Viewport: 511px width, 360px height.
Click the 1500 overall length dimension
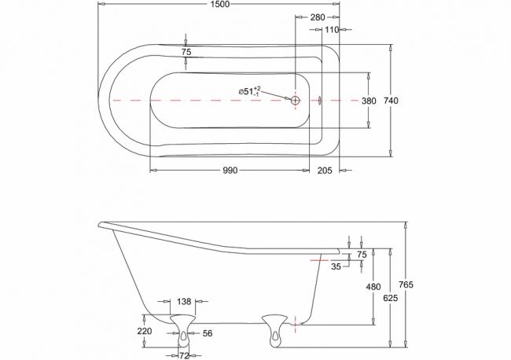(x=220, y=4)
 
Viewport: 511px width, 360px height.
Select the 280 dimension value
(x=318, y=17)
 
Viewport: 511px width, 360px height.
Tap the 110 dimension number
(x=332, y=30)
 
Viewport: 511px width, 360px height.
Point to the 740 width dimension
(x=391, y=101)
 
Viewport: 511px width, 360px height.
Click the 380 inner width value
(x=369, y=101)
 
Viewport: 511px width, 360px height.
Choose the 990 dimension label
(x=230, y=170)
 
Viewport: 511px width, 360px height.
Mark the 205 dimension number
(x=325, y=170)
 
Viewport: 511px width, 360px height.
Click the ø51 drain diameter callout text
(x=250, y=91)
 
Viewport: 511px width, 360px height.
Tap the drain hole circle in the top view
(x=296, y=101)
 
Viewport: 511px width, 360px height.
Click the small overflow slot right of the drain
(x=320, y=101)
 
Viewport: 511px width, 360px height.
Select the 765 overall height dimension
(x=406, y=285)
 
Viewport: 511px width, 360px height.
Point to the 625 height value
(x=391, y=298)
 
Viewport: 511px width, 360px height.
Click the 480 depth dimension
(x=373, y=287)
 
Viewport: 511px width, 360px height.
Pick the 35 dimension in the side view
(x=336, y=266)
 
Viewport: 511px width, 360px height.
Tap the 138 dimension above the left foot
(x=184, y=302)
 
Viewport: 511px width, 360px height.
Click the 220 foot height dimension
(x=145, y=331)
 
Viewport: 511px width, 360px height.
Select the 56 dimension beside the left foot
(x=208, y=333)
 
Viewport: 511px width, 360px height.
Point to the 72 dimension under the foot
(x=185, y=356)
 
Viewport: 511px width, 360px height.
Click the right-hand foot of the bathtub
(x=275, y=330)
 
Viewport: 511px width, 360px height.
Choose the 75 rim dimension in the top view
(x=186, y=52)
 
